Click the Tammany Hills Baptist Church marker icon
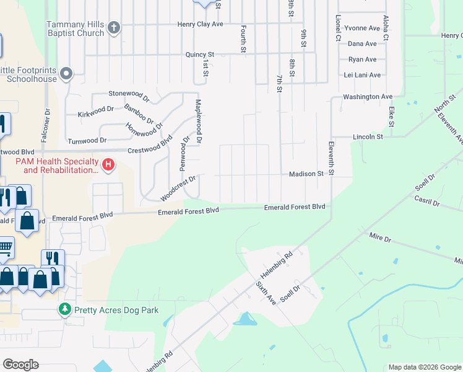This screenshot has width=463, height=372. pos(113,27)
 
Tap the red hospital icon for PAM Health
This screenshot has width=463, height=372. pos(108,165)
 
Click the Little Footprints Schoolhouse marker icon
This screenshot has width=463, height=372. pos(67,75)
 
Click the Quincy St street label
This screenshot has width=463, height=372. pos(199,55)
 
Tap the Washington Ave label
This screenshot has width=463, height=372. pos(368,97)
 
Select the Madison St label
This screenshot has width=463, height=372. pos(306,174)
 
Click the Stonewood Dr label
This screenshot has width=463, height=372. pos(129,94)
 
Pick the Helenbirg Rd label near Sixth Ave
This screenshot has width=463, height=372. pos(275,265)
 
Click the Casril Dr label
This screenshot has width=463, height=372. pos(426,203)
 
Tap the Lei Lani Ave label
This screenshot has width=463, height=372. pos(362,75)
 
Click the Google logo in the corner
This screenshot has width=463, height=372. pos(21,365)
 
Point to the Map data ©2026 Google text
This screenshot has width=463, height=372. pos(424,367)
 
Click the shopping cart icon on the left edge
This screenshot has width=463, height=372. pos(5,247)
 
